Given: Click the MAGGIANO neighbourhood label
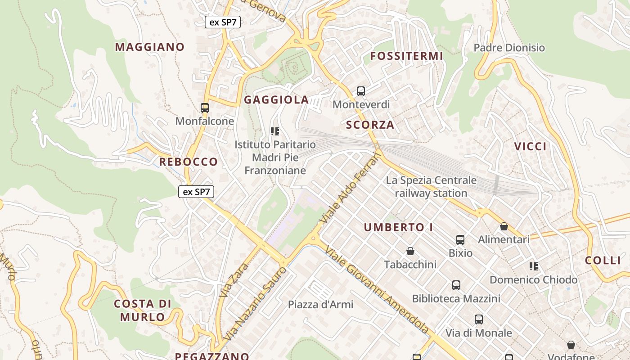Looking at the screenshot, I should click(x=149, y=47).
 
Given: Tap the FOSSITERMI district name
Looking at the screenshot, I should click(x=406, y=56).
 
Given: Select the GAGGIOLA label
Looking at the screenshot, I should click(x=276, y=100).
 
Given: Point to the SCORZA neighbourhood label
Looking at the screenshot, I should click(x=370, y=125).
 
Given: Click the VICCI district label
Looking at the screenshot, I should click(x=530, y=146).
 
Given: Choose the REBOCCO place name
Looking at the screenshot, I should click(x=188, y=162).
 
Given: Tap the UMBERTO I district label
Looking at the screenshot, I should click(x=398, y=227).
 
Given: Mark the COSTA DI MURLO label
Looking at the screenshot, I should click(x=143, y=310).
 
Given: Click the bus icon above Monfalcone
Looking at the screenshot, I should click(x=205, y=108).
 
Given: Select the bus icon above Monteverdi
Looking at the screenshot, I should click(x=361, y=91).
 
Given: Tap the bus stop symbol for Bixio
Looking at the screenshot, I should click(x=460, y=240).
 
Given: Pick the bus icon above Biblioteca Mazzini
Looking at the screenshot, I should click(x=456, y=285).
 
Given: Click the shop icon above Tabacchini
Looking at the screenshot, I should click(x=410, y=251).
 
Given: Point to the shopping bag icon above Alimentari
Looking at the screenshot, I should click(x=504, y=226).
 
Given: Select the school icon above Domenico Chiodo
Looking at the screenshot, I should click(x=534, y=266).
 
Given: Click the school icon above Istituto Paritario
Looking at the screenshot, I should click(x=275, y=131).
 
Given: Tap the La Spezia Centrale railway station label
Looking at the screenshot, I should click(x=431, y=187).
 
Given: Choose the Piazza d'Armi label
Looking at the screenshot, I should click(x=320, y=305).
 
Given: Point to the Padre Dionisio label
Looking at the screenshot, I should click(x=509, y=48).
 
